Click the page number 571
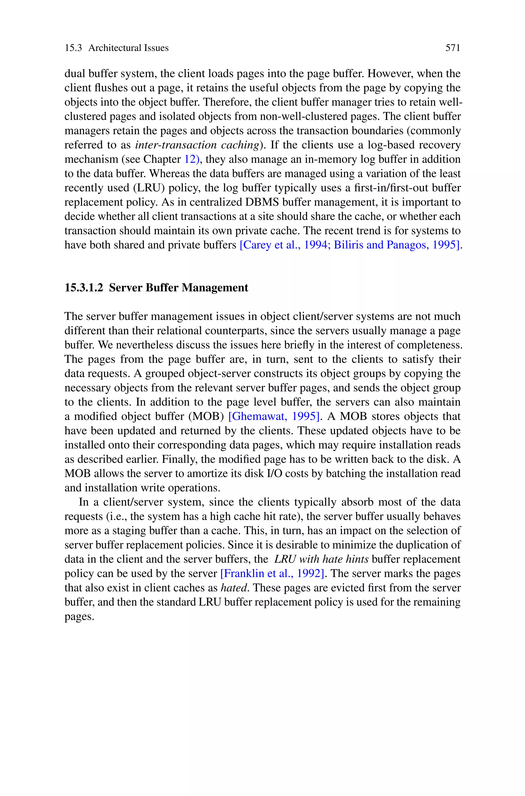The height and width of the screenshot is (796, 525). click(x=453, y=48)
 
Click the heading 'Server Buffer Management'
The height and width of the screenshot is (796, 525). click(x=178, y=288)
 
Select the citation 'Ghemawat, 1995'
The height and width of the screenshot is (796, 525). click(x=274, y=416)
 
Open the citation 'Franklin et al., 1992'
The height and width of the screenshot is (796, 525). click(x=272, y=573)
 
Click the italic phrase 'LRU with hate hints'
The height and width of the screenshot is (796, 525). click(x=321, y=559)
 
